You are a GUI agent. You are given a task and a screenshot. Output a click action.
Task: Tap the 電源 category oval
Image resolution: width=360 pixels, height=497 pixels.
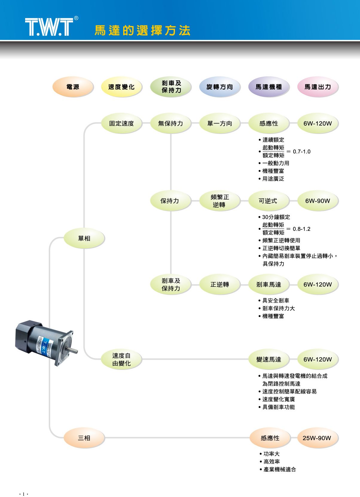pos(73,87)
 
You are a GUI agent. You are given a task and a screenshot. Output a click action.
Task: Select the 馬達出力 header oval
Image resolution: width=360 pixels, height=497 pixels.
pos(318,87)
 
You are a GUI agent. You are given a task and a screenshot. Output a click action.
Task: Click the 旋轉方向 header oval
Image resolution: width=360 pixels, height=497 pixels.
pos(219,87)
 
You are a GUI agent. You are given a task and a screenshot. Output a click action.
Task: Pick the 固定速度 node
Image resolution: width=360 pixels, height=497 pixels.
pos(121,124)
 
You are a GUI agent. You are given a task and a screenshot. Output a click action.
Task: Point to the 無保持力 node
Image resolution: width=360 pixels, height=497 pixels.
pos(170,124)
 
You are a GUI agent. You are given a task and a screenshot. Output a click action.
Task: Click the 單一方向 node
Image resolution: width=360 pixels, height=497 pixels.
pos(219,124)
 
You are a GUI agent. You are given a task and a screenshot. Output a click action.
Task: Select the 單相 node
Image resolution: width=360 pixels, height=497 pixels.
pos(84,238)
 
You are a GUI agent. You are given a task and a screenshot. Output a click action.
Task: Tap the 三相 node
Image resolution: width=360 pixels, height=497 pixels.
pos(84,438)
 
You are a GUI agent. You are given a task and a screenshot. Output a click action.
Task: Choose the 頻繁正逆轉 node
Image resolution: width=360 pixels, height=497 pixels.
pos(219,201)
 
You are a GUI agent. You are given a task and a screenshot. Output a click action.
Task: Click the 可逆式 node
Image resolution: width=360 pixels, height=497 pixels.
pos(268,201)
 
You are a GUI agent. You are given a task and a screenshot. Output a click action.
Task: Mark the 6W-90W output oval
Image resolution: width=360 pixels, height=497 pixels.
pos(318,201)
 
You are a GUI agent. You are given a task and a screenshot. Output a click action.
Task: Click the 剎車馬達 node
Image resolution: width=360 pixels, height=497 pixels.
pos(269,285)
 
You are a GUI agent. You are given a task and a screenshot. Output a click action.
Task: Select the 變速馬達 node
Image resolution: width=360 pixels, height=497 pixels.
pos(269,359)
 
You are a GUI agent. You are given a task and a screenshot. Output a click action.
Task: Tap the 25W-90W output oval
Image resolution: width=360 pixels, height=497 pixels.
pos(317,438)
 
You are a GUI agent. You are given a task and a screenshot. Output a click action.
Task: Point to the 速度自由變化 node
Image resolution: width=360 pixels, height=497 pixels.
pos(121,359)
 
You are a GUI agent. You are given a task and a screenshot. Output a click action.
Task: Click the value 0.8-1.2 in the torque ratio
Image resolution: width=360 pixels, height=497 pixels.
pos(301,229)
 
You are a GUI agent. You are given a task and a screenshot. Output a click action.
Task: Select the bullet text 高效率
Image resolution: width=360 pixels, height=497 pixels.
pos(271,462)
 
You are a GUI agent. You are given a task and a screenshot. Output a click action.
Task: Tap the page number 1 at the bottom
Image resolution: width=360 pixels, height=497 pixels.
pos(23,494)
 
